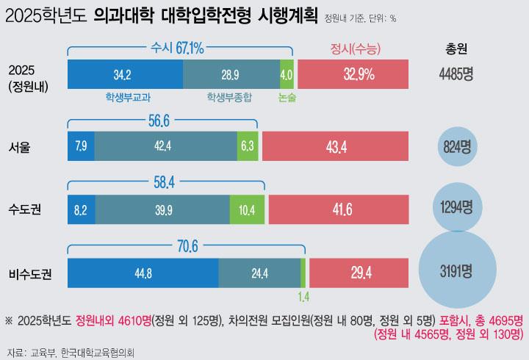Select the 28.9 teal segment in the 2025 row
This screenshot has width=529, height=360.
tap(230, 75)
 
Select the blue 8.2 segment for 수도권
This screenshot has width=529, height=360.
tap(80, 209)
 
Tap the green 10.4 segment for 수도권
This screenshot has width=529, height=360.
tap(247, 209)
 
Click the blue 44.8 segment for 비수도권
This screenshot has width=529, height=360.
tap(143, 273)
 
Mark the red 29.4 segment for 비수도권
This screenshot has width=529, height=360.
tap(359, 273)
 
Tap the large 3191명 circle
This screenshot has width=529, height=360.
tap(457, 273)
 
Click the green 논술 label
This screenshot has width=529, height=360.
tap(287, 96)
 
